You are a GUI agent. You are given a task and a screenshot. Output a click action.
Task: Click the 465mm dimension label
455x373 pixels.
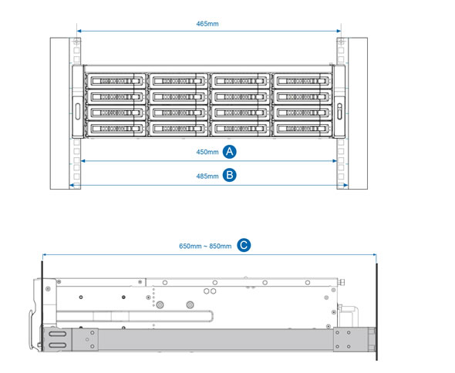[x=207, y=24]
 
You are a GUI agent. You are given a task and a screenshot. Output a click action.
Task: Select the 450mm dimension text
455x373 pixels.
[x=207, y=152]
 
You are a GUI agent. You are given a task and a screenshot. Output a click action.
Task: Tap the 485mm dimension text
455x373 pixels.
[x=207, y=176]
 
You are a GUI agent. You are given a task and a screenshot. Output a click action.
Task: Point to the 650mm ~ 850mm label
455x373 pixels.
[x=205, y=247]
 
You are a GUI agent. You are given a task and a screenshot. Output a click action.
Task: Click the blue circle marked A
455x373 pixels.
[x=230, y=152]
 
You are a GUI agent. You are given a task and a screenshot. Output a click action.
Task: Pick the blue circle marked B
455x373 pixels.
[x=230, y=176]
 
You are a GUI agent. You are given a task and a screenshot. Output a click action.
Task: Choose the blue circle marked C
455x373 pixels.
[x=244, y=245]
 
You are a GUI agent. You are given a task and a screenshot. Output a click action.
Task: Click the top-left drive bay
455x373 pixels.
[x=116, y=81]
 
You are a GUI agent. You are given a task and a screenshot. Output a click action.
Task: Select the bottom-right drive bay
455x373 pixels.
[x=302, y=129]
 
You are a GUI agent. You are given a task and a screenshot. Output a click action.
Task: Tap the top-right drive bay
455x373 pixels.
[x=302, y=81]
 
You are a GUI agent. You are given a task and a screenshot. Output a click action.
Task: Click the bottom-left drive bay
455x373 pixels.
[x=116, y=129]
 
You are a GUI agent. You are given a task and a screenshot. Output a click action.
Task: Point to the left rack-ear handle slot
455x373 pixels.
[x=77, y=112]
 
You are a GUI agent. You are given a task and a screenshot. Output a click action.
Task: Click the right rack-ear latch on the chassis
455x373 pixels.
[x=339, y=112]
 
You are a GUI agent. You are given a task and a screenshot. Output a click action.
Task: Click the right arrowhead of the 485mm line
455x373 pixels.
[x=346, y=185]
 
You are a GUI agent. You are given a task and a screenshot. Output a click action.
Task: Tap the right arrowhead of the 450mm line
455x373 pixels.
[x=335, y=161]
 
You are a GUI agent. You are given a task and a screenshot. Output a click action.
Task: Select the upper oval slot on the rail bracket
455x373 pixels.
[x=58, y=334]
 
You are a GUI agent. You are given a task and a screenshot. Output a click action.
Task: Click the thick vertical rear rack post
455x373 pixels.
[x=377, y=312]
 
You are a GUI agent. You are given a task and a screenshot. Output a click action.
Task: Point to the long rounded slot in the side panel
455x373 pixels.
[x=135, y=316]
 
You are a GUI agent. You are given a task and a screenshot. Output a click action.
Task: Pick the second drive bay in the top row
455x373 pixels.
[x=178, y=81]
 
